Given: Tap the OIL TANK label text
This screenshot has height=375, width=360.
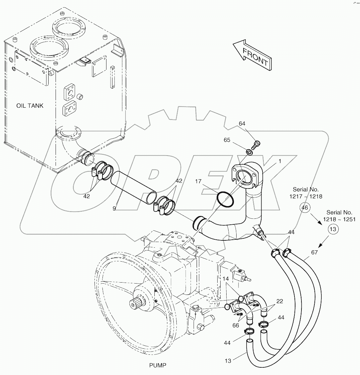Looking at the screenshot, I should [30, 106].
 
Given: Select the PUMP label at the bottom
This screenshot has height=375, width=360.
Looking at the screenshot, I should [158, 365].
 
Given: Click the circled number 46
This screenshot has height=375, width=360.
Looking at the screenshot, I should [305, 208].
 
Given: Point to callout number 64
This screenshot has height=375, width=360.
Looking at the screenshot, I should [242, 124].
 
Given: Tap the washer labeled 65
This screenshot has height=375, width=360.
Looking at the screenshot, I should [249, 152].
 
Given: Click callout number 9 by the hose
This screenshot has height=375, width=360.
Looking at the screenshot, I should [114, 208].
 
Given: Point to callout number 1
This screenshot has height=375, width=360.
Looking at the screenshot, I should [280, 161].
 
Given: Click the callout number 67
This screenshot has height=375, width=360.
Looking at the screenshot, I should [314, 252].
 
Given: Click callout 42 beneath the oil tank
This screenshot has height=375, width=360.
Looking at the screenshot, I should [87, 196].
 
